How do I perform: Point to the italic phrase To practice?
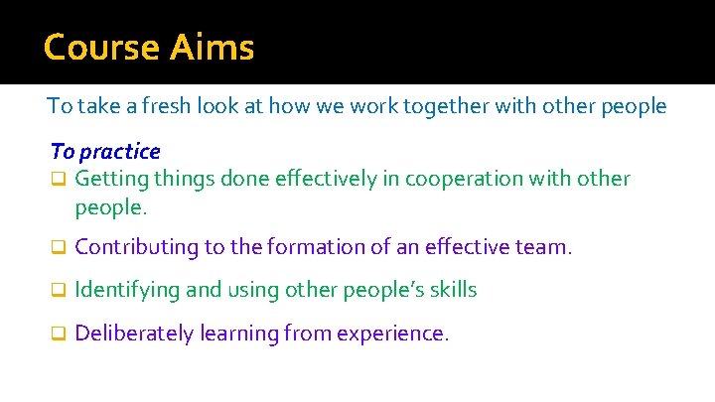105,152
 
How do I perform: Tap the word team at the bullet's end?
546,247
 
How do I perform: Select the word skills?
453,290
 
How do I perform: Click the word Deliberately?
134,334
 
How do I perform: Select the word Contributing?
136,247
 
